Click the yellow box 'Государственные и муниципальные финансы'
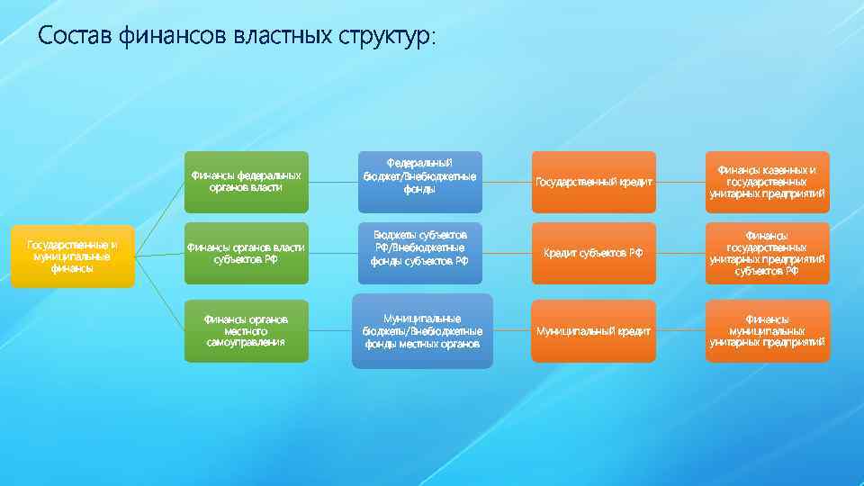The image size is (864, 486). [72, 256]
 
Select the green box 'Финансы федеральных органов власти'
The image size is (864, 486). [246, 182]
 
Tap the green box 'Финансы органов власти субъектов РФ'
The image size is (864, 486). [246, 254]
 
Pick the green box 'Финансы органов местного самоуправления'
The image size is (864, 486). [246, 330]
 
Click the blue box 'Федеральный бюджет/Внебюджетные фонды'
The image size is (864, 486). [419, 176]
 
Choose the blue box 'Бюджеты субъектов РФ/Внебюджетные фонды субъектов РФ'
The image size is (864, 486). [419, 247]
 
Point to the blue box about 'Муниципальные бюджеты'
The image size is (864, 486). [422, 330]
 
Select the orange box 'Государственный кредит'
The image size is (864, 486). [593, 182]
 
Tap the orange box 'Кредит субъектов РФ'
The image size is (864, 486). [593, 254]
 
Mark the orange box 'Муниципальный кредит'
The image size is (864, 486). [593, 330]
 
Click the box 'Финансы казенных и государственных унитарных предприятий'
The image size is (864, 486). [767, 182]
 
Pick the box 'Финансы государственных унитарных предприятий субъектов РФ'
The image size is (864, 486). [767, 254]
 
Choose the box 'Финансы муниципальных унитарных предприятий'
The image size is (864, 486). [767, 330]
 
